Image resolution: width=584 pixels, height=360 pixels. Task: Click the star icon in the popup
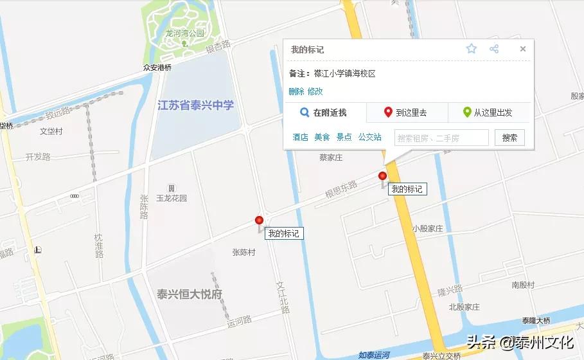[x=472, y=49]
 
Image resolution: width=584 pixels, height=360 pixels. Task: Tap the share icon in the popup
[x=494, y=49]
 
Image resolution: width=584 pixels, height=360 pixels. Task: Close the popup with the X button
[x=523, y=49]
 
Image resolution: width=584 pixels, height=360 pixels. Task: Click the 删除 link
[x=296, y=91]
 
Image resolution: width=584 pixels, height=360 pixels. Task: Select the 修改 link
[x=315, y=91]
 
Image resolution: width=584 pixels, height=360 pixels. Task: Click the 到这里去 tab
[x=406, y=113]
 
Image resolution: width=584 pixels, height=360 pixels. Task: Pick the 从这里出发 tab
[x=488, y=113]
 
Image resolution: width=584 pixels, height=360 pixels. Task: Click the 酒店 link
[x=300, y=137]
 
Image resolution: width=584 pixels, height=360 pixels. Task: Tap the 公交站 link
[x=369, y=137]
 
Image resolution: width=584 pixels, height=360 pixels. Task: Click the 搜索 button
[x=509, y=138]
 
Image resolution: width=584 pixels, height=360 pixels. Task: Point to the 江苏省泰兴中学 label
[x=196, y=105]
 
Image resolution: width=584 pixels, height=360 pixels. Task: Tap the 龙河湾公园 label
[x=184, y=33]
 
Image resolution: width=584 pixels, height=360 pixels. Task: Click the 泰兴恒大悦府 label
[x=190, y=294]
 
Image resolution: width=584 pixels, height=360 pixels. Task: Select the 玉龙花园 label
[x=172, y=198]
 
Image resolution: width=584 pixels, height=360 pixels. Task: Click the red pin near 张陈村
[x=260, y=221]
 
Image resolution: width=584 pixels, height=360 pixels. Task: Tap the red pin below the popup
[x=383, y=176]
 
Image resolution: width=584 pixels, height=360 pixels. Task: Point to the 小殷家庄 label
[x=428, y=228]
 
